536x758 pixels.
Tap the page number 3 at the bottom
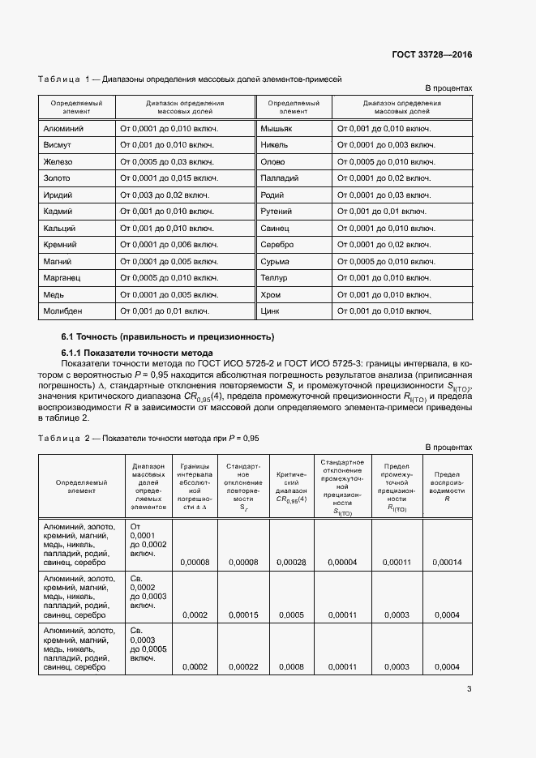pyautogui.click(x=469, y=689)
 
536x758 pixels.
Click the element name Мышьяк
pyautogui.click(x=277, y=129)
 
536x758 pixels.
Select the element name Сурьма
pyautogui.click(x=276, y=261)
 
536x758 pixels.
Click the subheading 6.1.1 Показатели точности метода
pyautogui.click(x=137, y=353)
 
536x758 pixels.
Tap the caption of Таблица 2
pyautogui.click(x=148, y=438)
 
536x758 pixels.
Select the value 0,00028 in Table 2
pyautogui.click(x=291, y=562)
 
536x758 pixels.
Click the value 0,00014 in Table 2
pyautogui.click(x=447, y=562)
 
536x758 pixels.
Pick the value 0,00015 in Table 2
pyautogui.click(x=243, y=615)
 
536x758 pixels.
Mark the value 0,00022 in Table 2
pyautogui.click(x=243, y=666)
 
